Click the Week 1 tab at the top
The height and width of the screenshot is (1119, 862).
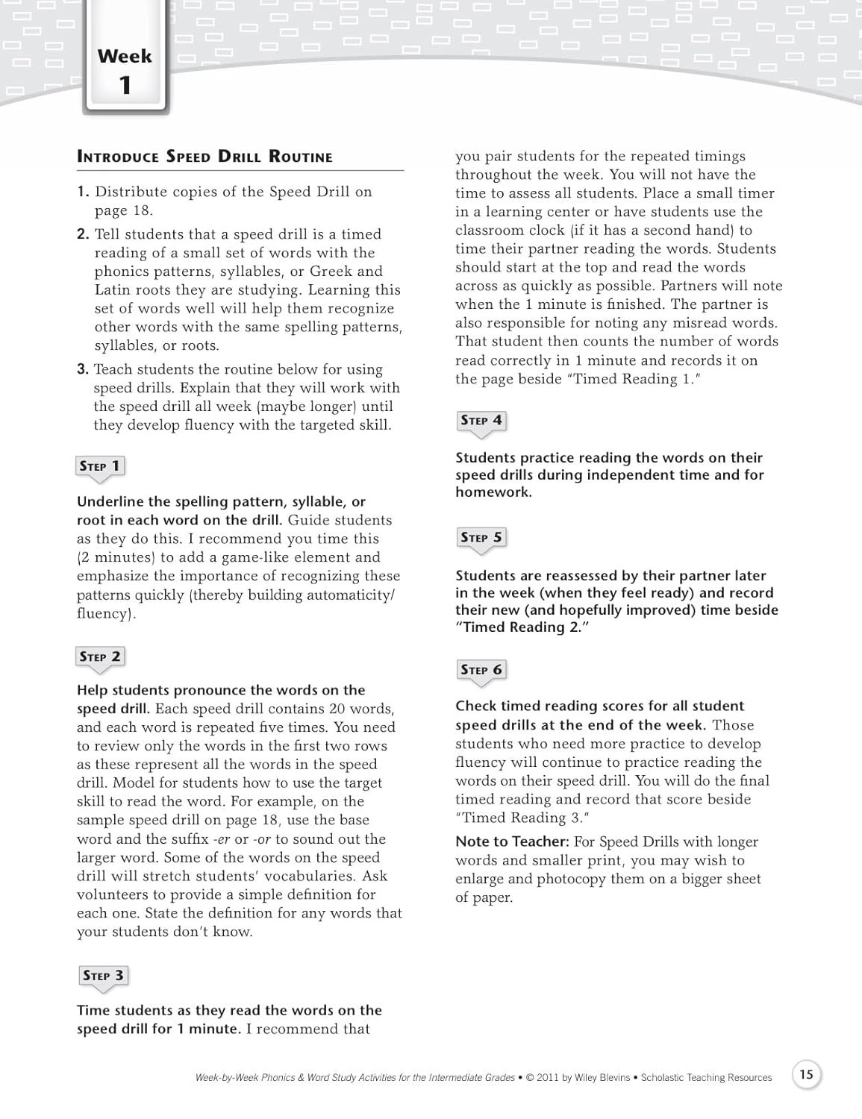tap(125, 71)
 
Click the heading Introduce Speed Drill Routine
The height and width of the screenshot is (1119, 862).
tap(204, 157)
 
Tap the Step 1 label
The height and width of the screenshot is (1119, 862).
tap(100, 466)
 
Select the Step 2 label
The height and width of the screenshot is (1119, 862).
tap(100, 656)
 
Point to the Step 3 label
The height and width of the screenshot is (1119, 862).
tap(103, 976)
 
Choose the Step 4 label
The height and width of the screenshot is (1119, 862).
tap(481, 420)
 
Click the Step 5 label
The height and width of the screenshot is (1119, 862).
tap(481, 537)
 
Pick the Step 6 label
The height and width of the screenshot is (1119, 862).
tap(481, 669)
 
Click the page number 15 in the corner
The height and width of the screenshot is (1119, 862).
tap(806, 1075)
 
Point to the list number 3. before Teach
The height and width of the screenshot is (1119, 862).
tap(83, 369)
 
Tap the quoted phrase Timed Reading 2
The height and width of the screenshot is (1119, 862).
tap(522, 627)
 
